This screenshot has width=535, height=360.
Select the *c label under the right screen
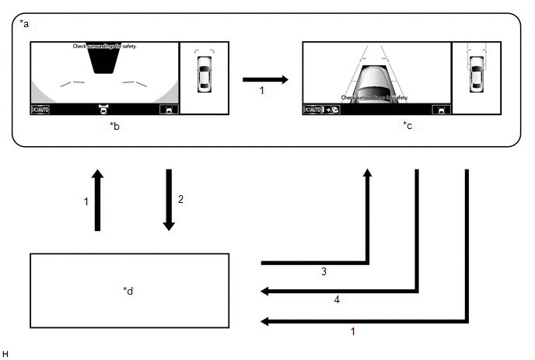pyautogui.click(x=407, y=124)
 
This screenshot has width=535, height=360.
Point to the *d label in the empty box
pyautogui.click(x=128, y=291)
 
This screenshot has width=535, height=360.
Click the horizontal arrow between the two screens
pyautogui.click(x=265, y=79)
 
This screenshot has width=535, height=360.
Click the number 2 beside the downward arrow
pyautogui.click(x=180, y=199)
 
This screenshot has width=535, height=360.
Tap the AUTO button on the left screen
pyautogui.click(x=40, y=110)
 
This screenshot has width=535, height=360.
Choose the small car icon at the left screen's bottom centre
pyautogui.click(x=103, y=110)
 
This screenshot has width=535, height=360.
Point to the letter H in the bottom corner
pyautogui.click(x=5, y=353)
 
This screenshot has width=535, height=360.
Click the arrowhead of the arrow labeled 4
pyautogui.click(x=265, y=292)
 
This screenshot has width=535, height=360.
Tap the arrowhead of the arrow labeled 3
pyautogui.click(x=369, y=173)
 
